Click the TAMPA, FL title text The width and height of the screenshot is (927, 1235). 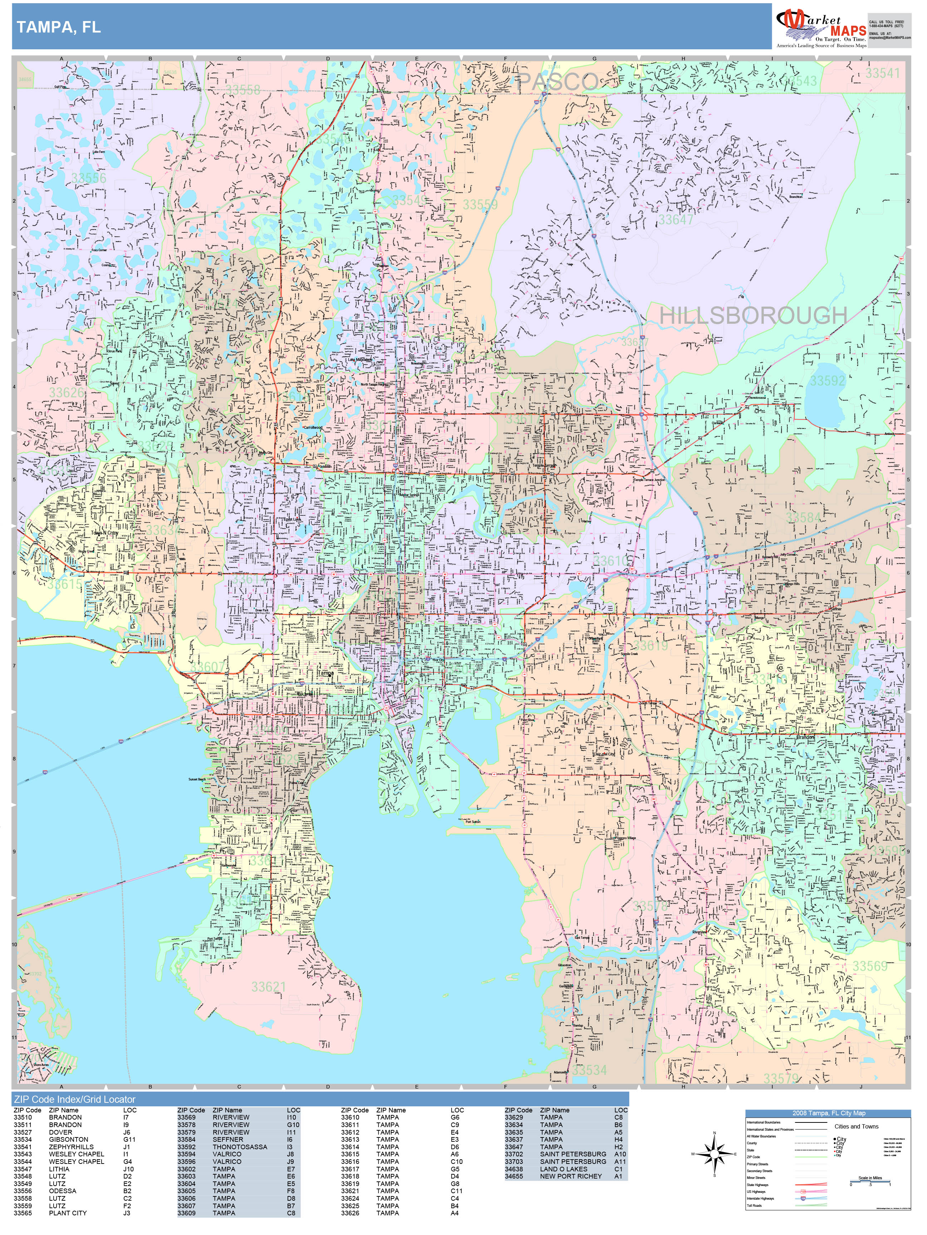coord(59,28)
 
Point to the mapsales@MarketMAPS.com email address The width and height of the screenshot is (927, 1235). coord(889,38)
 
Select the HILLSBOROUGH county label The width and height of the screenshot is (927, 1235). coord(753,316)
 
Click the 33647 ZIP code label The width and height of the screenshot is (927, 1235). coord(676,219)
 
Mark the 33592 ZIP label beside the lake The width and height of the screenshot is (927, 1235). coord(828,381)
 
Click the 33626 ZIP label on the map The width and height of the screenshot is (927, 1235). coord(67,392)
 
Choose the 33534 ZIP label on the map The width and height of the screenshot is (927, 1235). coord(589,1070)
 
